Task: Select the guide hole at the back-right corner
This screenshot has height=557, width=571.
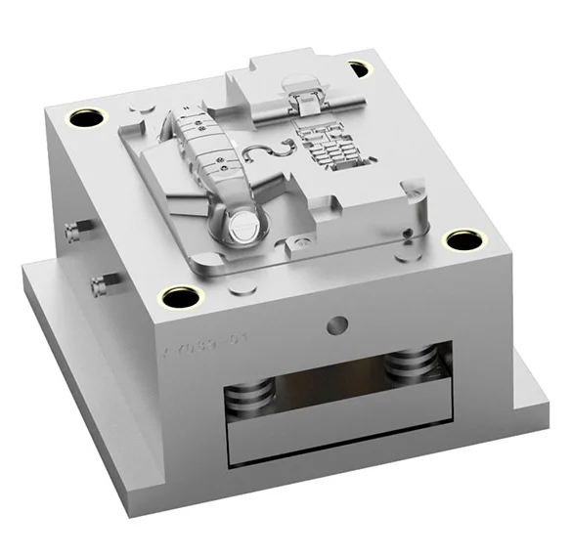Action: (360, 68)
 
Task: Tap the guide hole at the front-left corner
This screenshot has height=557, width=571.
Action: (180, 296)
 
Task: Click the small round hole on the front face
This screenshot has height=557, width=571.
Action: (339, 323)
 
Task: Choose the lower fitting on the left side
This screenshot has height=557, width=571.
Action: (98, 286)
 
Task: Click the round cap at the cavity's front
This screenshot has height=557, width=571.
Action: (242, 227)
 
